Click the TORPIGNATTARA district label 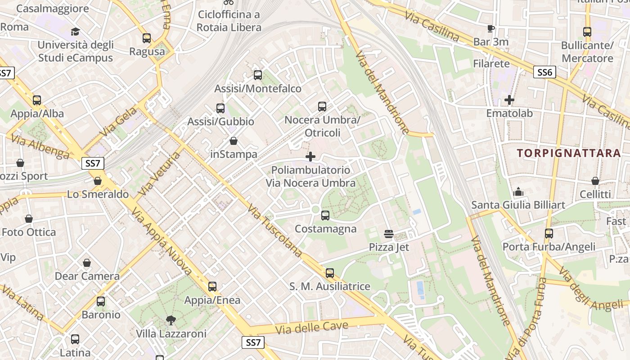coord(569,153)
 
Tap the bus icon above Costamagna coord(325,216)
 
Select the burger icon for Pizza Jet coord(389,234)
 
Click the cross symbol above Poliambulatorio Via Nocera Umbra coord(310,157)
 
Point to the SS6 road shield coord(544,72)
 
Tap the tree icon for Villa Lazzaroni coord(171,320)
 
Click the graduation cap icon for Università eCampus coord(75,32)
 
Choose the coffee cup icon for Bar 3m coord(491,29)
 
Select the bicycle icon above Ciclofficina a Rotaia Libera coord(229,2)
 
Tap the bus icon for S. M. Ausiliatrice coord(330,273)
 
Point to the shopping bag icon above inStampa coord(234,141)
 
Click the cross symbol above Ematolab coord(509,100)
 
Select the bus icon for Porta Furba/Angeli coord(549,234)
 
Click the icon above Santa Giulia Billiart coord(518,192)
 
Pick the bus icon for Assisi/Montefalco coord(258,75)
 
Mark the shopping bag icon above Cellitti coord(595,181)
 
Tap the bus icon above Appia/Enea coord(212,287)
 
